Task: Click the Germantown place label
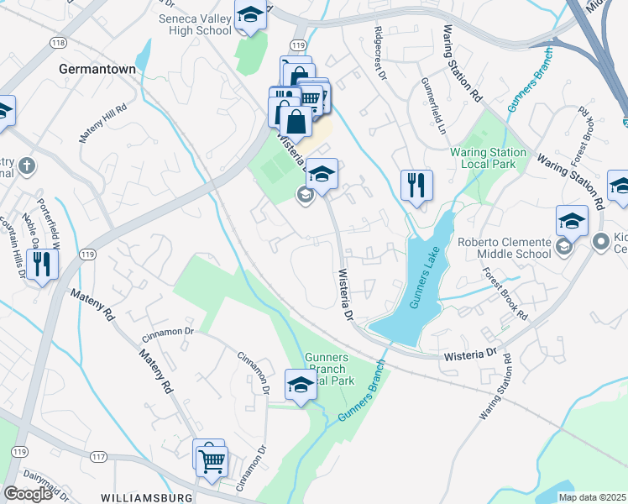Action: pyautogui.click(x=97, y=70)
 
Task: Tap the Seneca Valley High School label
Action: pyautogui.click(x=195, y=24)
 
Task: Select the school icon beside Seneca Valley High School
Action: pyautogui.click(x=249, y=16)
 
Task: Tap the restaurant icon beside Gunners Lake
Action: pyautogui.click(x=416, y=186)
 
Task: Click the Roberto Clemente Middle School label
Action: pyautogui.click(x=504, y=248)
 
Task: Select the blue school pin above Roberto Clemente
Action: pyautogui.click(x=572, y=222)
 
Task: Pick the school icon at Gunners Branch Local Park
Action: pyautogui.click(x=301, y=386)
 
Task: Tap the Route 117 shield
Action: pyautogui.click(x=99, y=457)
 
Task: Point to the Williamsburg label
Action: pyautogui.click(x=148, y=497)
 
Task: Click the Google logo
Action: pyautogui.click(x=28, y=493)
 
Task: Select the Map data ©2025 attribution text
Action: pyautogui.click(x=591, y=497)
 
